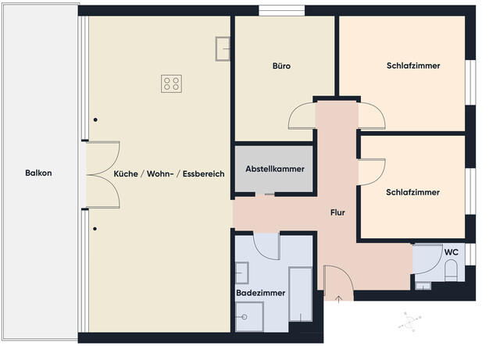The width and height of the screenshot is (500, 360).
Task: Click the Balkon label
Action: [x=38, y=173]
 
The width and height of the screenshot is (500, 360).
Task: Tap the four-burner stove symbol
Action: [x=172, y=84]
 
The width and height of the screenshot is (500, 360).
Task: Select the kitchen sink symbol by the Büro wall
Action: [x=223, y=49]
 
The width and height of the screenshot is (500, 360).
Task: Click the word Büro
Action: [x=281, y=66]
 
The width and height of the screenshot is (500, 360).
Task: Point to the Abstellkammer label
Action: [x=274, y=169]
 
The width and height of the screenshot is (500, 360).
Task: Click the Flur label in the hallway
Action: [x=337, y=212]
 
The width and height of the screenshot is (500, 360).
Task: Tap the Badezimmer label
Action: [x=260, y=293]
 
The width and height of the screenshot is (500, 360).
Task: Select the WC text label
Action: [x=451, y=252]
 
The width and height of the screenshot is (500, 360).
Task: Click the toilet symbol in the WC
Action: [x=451, y=271]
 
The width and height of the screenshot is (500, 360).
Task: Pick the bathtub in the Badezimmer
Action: [x=300, y=294]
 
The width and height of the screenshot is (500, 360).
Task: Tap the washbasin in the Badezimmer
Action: [x=241, y=273]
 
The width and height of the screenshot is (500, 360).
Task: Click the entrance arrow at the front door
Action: [x=338, y=297]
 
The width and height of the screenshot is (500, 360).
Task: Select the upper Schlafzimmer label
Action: [x=412, y=66]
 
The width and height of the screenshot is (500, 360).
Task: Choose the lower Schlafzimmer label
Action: [x=412, y=192]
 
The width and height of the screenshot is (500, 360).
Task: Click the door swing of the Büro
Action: [x=302, y=117]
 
